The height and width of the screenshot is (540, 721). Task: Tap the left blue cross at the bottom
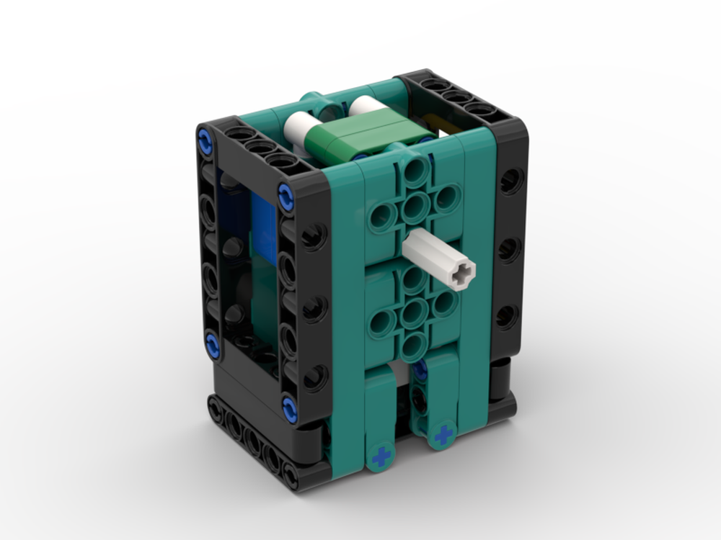(x=380, y=456)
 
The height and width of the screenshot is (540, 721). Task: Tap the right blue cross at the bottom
(x=444, y=434)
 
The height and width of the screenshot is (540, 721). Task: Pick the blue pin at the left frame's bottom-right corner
(x=289, y=408)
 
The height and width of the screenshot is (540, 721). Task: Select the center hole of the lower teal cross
(x=412, y=312)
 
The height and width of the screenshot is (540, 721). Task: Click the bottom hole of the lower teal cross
(x=412, y=345)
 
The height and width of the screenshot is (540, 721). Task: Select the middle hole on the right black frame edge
(x=509, y=250)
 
